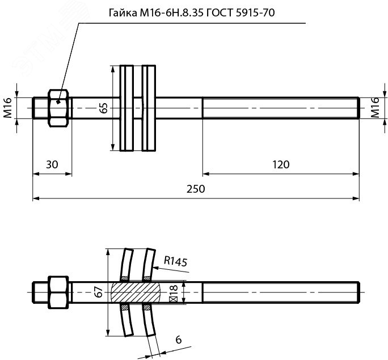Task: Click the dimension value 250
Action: coord(196,189)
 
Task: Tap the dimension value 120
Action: coord(281,164)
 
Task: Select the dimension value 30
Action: coord(52,164)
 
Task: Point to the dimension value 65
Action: coord(104,108)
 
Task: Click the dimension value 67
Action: coord(98,292)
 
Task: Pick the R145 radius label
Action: coord(176,261)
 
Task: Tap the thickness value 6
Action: coord(179,340)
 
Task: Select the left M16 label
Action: coord(7,108)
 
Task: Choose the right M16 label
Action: coord(375,108)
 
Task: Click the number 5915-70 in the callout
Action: coord(255,12)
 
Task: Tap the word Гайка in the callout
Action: coord(123,12)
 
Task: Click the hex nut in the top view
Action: coord(58,108)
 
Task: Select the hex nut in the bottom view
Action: coord(58,293)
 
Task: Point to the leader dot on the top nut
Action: coord(58,101)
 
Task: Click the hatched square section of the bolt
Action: coord(136,293)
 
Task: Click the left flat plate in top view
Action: coord(126,108)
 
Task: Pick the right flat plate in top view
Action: coord(149,108)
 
